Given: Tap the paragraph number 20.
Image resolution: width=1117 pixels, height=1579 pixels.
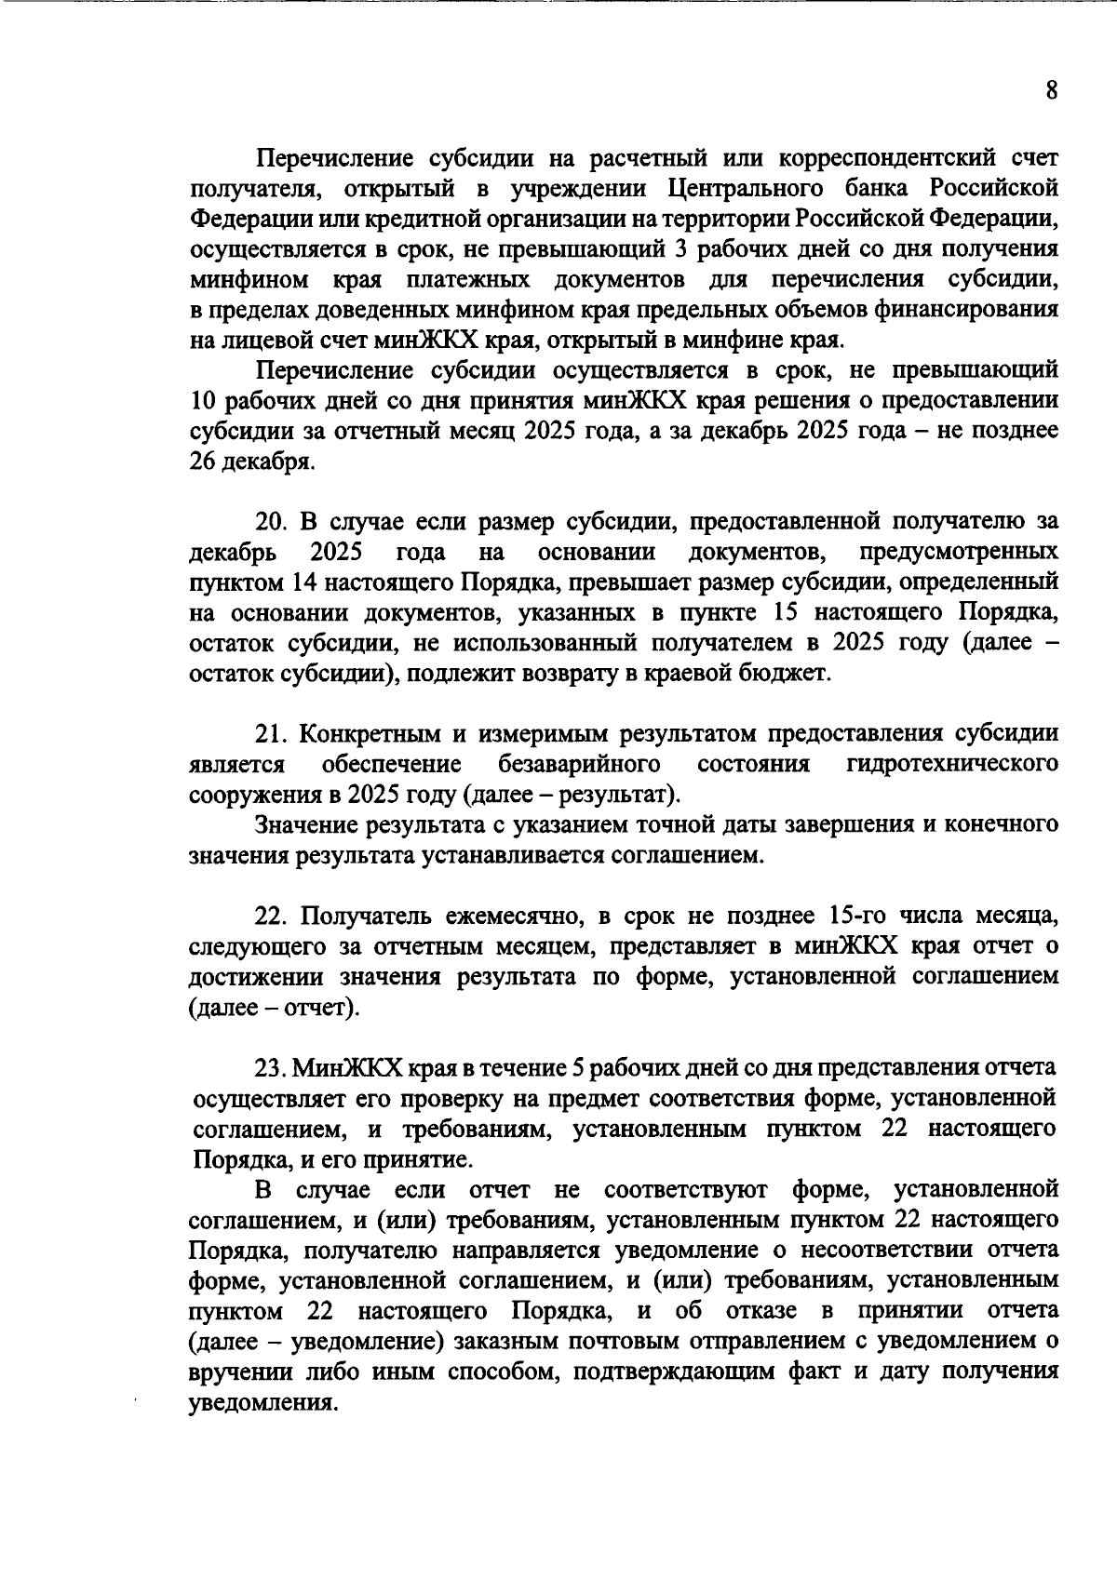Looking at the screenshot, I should point(274,522).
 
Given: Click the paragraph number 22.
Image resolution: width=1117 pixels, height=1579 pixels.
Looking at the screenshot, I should point(273,917).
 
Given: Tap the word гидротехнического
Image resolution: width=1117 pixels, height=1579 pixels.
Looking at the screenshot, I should point(952,765).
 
